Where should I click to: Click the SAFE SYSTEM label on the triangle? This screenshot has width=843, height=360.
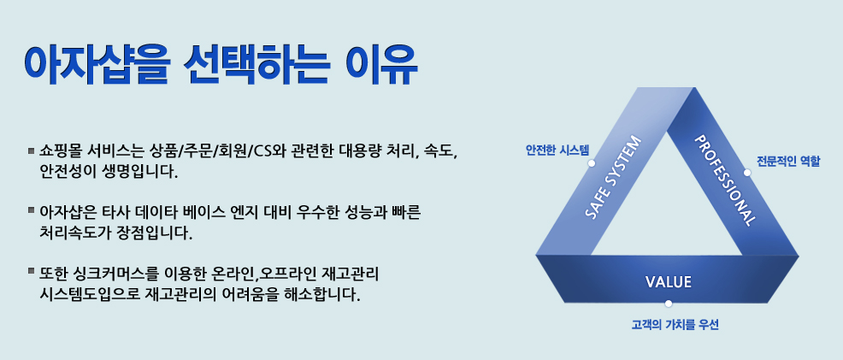point(613,177)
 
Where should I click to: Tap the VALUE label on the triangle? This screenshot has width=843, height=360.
point(668,281)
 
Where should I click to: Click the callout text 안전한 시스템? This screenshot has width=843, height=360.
point(557,150)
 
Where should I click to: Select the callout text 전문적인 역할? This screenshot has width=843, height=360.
point(788,161)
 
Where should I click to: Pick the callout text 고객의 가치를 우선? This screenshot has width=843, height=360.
point(675,325)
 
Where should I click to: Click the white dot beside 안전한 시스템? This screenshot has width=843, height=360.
point(592,162)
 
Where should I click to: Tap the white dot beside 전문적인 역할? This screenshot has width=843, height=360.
point(746,173)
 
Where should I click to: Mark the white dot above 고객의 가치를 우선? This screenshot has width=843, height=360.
point(669,304)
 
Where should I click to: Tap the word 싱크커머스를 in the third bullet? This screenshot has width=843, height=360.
point(114,273)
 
